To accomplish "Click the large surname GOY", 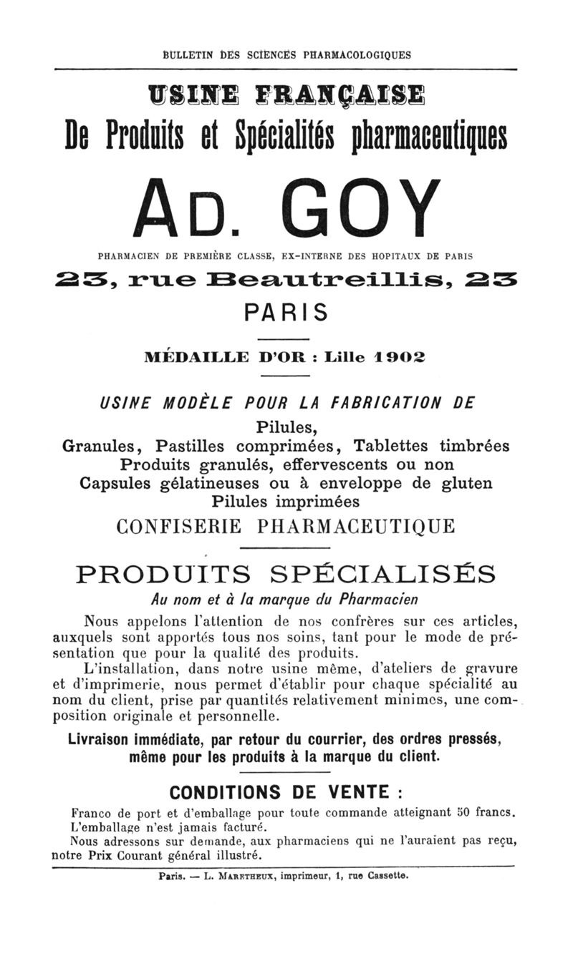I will click(353, 207).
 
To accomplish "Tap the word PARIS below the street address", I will click(286, 313).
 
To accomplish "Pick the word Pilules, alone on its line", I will click(286, 427).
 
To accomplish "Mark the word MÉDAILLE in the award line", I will click(196, 356).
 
